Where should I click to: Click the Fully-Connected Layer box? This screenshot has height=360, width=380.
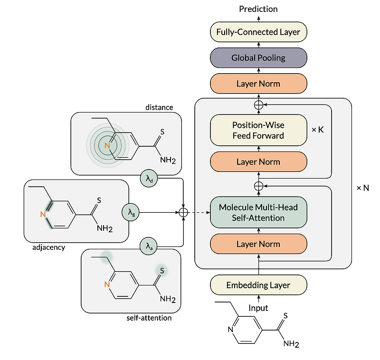pyautogui.click(x=258, y=32)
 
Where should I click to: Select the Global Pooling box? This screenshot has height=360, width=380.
pyautogui.click(x=258, y=58)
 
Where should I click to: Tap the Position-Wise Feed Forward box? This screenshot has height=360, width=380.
pyautogui.click(x=258, y=130)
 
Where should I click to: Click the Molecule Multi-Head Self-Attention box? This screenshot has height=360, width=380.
pyautogui.click(x=258, y=212)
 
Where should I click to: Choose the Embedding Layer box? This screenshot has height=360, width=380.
pyautogui.click(x=258, y=285)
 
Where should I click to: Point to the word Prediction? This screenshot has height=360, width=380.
pyautogui.click(x=258, y=9)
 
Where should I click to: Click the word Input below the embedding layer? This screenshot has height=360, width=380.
pyautogui.click(x=258, y=308)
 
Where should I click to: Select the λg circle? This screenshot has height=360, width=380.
pyautogui.click(x=132, y=213)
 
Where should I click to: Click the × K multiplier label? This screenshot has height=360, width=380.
pyautogui.click(x=317, y=129)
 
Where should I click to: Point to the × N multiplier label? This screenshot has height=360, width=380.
pyautogui.click(x=362, y=188)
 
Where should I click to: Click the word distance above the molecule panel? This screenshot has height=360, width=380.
pyautogui.click(x=159, y=107)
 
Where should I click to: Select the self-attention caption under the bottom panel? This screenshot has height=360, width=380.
pyautogui.click(x=149, y=318)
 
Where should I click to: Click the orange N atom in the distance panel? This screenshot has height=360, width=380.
pyautogui.click(x=108, y=145)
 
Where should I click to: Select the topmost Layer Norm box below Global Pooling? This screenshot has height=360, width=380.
pyautogui.click(x=258, y=84)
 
